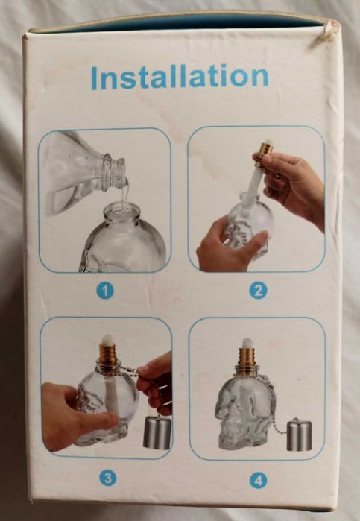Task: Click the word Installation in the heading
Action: click(x=179, y=77)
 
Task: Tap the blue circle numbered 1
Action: click(x=105, y=291)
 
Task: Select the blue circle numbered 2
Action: click(x=258, y=291)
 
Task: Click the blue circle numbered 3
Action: click(x=108, y=479)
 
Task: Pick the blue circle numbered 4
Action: click(x=259, y=481)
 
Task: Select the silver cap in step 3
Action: click(x=157, y=432)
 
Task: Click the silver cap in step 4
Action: click(x=300, y=435)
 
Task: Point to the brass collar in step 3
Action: click(x=107, y=355)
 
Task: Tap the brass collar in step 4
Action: click(x=247, y=361)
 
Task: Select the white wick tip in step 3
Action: click(x=107, y=339)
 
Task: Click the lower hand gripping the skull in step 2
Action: click(x=230, y=247)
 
